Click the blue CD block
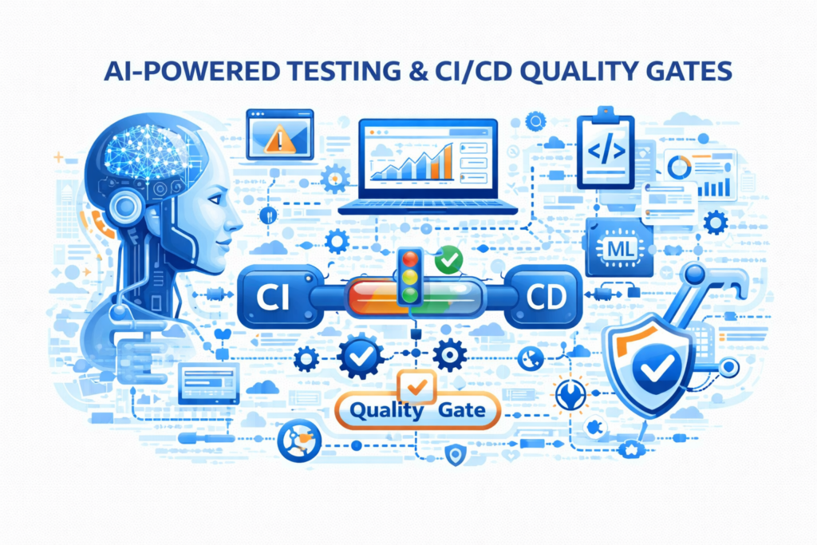pyautogui.click(x=545, y=297)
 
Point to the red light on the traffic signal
pyautogui.click(x=410, y=259)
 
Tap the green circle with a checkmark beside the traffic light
pyautogui.click(x=448, y=259)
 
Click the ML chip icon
pyautogui.click(x=619, y=248)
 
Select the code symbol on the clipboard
pyautogui.click(x=606, y=151)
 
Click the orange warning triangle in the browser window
pyautogui.click(x=280, y=140)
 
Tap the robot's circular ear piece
pyautogui.click(x=126, y=207)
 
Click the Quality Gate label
pyautogui.click(x=416, y=410)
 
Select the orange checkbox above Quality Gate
pyautogui.click(x=416, y=386)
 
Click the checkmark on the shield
pyautogui.click(x=657, y=366)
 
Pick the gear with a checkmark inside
pyautogui.click(x=361, y=357)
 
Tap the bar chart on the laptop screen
pyautogui.click(x=412, y=161)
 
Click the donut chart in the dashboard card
pyautogui.click(x=680, y=168)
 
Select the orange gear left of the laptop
pyautogui.click(x=335, y=179)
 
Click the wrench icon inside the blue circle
pyautogui.click(x=571, y=395)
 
